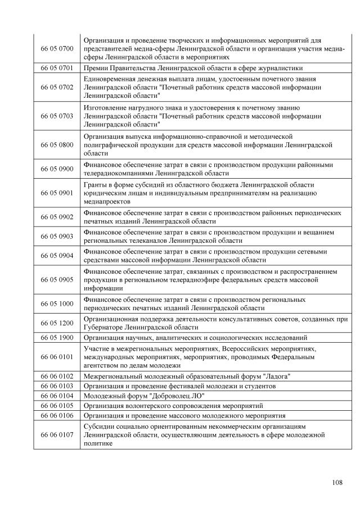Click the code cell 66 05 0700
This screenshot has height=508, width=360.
pos(57,49)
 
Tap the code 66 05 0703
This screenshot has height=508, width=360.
pos(57,116)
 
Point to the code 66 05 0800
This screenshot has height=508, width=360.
pos(57,144)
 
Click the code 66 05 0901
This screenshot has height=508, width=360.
pos(57,193)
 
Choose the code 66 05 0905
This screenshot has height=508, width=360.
pos(57,279)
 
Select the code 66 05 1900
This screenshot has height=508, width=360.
pos(57,338)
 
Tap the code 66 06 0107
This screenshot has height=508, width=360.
pos(57,434)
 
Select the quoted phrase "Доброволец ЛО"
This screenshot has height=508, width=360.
pos(173,396)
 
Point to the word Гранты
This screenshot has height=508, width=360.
pos(96,184)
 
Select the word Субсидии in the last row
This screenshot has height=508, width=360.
pos(100,426)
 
